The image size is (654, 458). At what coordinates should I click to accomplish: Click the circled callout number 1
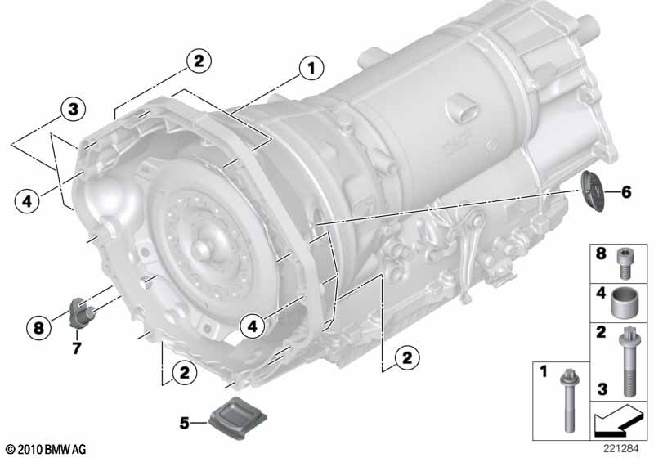(311, 69)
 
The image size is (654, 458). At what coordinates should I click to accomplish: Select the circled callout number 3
(73, 110)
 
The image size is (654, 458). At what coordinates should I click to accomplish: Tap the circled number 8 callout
(38, 327)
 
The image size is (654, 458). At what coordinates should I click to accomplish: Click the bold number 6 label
(626, 192)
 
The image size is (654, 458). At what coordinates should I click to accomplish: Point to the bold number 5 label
(185, 423)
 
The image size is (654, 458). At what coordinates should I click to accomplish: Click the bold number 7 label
(76, 348)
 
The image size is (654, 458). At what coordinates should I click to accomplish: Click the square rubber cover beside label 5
(238, 418)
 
